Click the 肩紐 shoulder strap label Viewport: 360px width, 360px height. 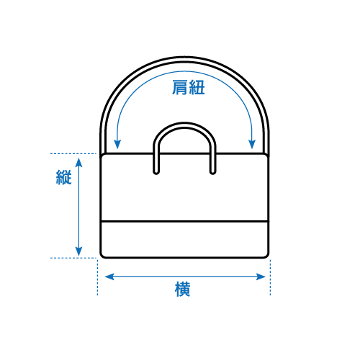click(x=189, y=88)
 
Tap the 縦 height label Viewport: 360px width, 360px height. click(x=64, y=177)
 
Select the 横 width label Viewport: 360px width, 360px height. click(x=183, y=289)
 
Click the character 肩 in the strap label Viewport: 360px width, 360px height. click(x=180, y=88)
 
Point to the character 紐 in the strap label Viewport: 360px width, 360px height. click(x=197, y=88)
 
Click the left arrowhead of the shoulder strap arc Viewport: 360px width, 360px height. click(x=117, y=144)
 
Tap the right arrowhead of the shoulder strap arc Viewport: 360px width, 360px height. click(x=252, y=144)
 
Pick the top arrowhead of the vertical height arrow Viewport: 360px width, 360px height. click(x=78, y=163)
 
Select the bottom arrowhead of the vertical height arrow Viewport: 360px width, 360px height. click(x=78, y=251)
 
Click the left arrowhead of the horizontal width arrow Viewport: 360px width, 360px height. click(x=109, y=276)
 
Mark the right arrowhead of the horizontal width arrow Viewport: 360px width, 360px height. click(x=261, y=276)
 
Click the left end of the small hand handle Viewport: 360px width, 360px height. click(x=156, y=172)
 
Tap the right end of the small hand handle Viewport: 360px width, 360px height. click(x=212, y=172)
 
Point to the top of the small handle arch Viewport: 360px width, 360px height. click(x=184, y=125)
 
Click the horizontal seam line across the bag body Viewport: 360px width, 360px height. click(x=184, y=221)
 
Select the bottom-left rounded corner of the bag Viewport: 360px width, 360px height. click(x=102, y=256)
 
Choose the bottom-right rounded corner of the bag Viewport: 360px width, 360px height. click(x=266, y=256)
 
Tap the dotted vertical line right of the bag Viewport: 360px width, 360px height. click(x=270, y=277)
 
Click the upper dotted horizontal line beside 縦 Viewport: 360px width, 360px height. click(x=73, y=153)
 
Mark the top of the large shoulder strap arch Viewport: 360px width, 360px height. click(x=184, y=59)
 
